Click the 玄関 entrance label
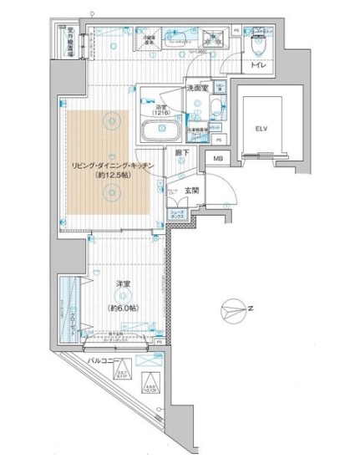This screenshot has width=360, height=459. coord(192,191)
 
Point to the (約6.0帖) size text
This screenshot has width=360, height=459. coord(123,306)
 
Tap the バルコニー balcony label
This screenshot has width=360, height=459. coord(105,360)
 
